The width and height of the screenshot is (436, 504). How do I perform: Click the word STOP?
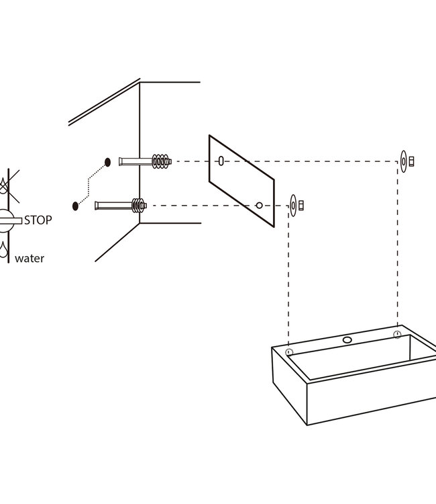click(x=38, y=220)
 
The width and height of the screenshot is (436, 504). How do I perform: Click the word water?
click(x=30, y=259)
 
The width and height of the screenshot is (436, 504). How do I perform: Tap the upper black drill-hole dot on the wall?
click(x=108, y=163)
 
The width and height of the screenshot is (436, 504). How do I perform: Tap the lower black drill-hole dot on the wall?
click(x=75, y=206)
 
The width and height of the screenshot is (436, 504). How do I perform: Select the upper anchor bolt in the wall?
click(x=145, y=161)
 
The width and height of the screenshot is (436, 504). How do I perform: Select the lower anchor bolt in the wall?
click(x=121, y=206)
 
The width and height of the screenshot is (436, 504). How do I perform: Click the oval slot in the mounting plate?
click(x=221, y=161)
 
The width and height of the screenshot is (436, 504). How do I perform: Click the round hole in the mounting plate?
click(x=259, y=206)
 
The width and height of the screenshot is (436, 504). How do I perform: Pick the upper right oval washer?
click(x=404, y=161)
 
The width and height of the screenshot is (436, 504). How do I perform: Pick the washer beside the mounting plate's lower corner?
click(x=293, y=206)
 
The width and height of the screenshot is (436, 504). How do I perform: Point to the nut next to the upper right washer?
click(x=411, y=161)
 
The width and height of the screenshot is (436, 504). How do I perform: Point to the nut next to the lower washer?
click(x=301, y=206)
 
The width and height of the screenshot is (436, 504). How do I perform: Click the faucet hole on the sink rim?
click(x=347, y=340)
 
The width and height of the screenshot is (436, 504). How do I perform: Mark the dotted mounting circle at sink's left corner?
click(x=289, y=352)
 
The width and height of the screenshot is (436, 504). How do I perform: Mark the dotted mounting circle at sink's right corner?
click(x=397, y=335)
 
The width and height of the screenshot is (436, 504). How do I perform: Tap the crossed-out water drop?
click(x=3, y=185)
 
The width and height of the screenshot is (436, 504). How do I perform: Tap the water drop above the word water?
click(x=3, y=250)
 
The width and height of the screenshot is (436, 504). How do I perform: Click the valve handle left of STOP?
click(x=11, y=220)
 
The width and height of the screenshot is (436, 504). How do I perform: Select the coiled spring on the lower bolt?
click(x=138, y=206)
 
